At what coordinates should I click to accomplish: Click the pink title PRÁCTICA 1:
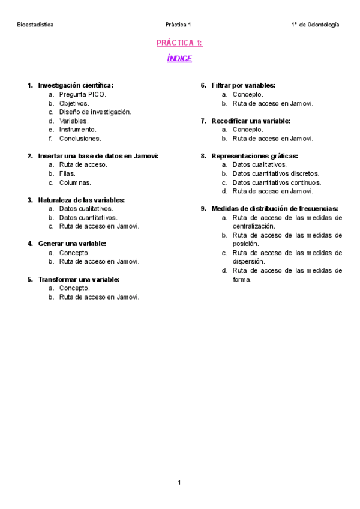point(179,43)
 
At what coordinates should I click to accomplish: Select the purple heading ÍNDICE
point(179,59)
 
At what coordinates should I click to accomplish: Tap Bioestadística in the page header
point(35,25)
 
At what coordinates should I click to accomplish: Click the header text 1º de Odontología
point(314,25)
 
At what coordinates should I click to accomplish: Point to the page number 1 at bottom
point(179,482)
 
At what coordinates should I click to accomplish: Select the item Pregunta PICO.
point(83,94)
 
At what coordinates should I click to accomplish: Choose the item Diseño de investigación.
point(95,112)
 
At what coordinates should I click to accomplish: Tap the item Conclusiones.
point(80,138)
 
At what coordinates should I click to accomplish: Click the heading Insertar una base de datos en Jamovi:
point(98,156)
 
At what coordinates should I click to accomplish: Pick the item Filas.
point(67,173)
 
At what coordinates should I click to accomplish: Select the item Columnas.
point(75,182)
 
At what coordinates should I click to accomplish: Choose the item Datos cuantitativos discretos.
point(276,173)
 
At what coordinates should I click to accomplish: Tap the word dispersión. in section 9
point(248,262)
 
